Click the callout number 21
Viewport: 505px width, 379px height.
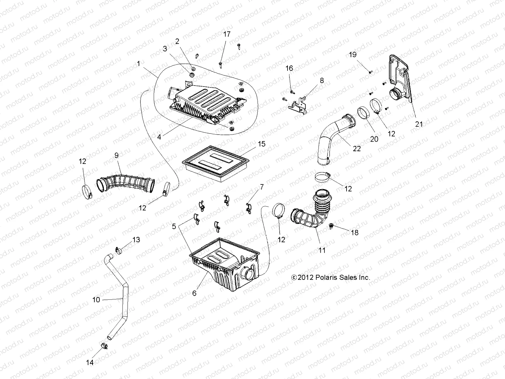(x=419, y=124)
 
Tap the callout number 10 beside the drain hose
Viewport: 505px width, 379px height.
(x=96, y=299)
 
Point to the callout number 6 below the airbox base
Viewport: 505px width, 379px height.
(x=194, y=293)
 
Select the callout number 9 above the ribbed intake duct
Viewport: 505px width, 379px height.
(x=116, y=155)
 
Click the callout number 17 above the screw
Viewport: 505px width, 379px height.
(x=227, y=34)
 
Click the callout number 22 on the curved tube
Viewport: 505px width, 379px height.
(x=357, y=148)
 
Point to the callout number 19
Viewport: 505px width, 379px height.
(x=353, y=55)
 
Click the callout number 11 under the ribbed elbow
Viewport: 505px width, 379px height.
(x=322, y=250)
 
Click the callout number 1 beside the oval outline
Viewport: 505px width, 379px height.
(x=138, y=64)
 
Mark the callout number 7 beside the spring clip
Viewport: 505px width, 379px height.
(x=261, y=187)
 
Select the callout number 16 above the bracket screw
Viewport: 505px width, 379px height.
(x=289, y=68)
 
